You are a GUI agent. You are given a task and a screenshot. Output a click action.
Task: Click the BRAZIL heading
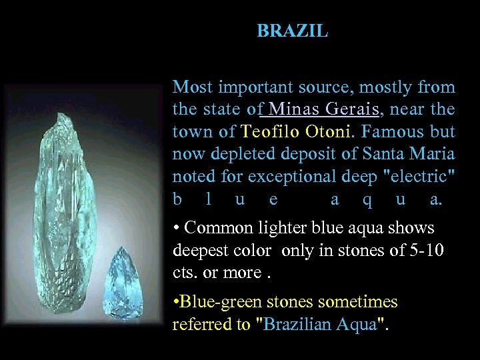292,31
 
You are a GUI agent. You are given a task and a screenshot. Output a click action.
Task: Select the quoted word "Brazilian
301,325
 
